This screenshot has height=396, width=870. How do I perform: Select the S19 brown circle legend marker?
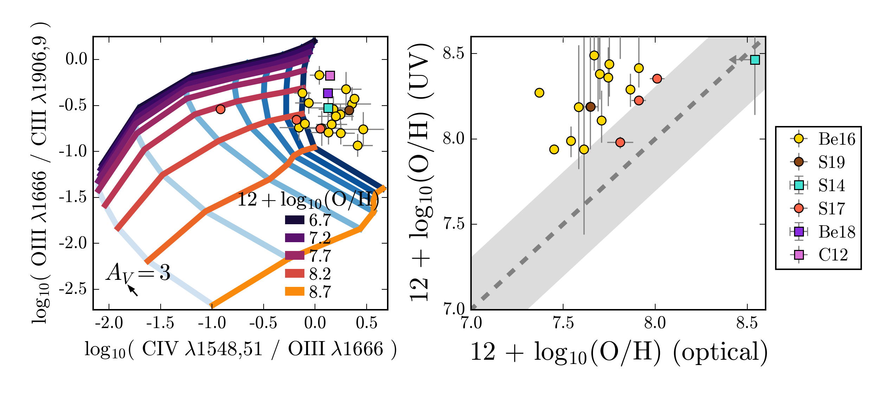[799, 162]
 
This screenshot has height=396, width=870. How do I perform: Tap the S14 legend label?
[831, 185]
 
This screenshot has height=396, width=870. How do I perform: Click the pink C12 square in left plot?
[330, 76]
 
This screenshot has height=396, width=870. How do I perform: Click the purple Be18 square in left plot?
[328, 93]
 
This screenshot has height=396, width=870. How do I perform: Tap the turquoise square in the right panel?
[755, 60]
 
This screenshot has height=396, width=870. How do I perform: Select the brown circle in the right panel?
[591, 107]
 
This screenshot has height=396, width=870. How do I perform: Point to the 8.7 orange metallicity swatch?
[295, 291]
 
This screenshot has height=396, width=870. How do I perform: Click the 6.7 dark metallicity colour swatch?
[295, 220]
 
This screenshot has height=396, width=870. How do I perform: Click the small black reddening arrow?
[133, 290]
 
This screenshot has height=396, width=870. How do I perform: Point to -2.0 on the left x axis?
[109, 322]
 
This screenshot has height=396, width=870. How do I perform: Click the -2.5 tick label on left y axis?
[73, 289]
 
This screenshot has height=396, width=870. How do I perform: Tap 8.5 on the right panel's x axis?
[747, 322]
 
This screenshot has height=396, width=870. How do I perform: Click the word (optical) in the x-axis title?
[720, 352]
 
